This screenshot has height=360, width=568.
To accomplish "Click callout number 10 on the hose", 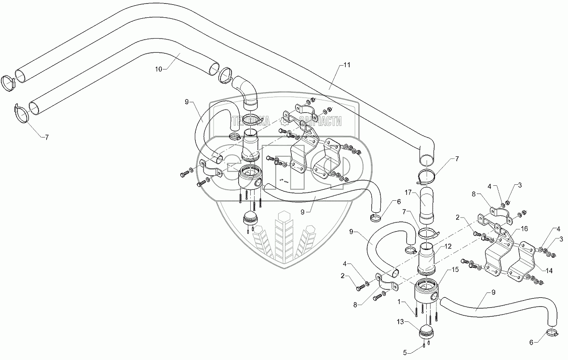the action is [159, 69].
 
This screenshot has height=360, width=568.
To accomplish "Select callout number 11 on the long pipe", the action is [347, 65].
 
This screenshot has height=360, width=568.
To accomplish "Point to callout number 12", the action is [448, 246].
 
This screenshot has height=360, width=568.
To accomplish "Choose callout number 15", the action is [455, 270].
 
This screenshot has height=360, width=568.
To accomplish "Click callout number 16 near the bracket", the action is [525, 229].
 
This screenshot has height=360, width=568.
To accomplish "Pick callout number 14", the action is [549, 270].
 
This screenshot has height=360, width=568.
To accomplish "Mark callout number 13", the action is [400, 321].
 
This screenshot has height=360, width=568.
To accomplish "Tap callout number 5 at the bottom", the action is [405, 352].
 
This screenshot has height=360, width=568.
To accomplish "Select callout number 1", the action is [399, 301].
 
